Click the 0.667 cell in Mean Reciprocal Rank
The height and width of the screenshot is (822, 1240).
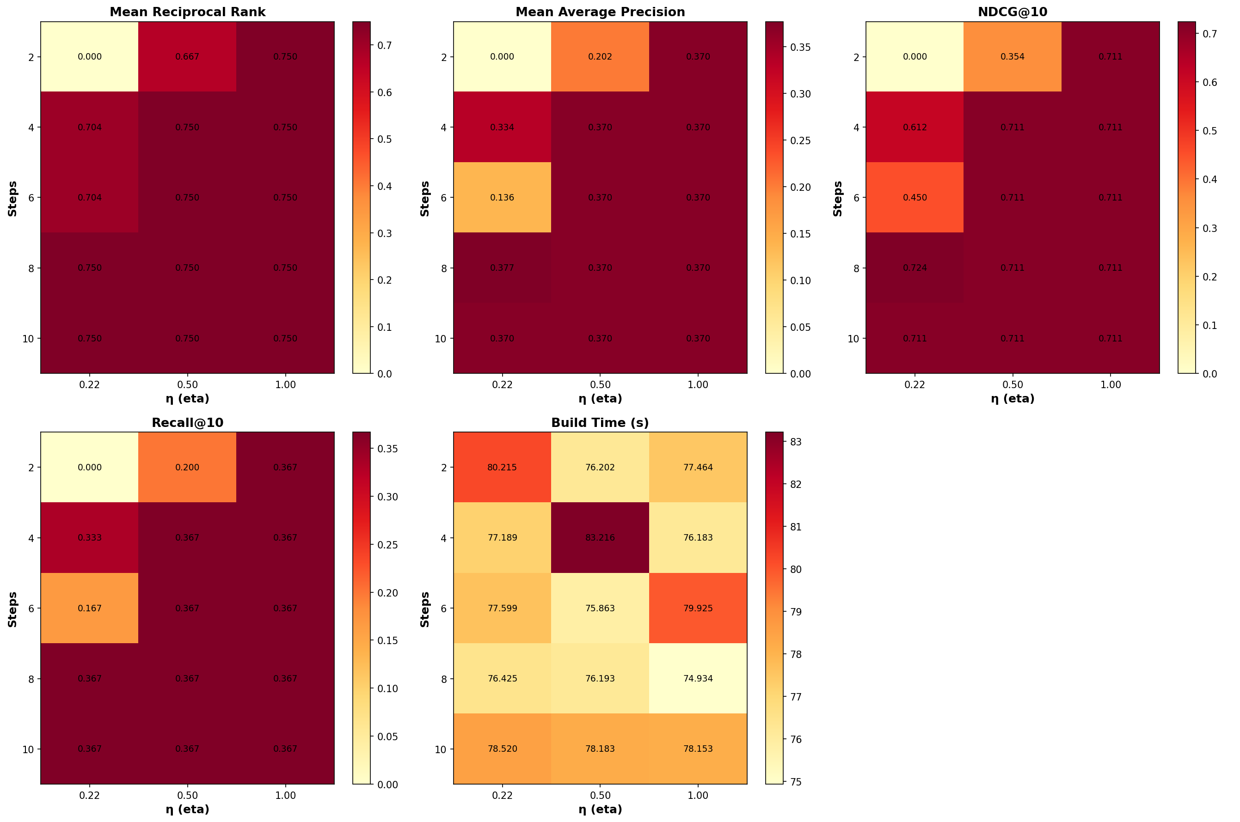[187, 57]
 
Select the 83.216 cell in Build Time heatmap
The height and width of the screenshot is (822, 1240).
[600, 538]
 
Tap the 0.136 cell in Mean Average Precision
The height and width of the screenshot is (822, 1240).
[502, 198]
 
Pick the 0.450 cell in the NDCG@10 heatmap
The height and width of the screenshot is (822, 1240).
[915, 198]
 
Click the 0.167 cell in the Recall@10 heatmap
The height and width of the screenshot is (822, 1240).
[90, 609]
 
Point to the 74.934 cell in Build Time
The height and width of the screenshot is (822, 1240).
[698, 678]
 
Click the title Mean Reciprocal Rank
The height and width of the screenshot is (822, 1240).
[187, 12]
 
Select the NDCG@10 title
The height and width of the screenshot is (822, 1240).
[1013, 12]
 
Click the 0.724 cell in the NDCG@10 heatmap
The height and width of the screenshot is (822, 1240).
[915, 268]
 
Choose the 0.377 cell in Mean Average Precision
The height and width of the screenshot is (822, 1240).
[502, 268]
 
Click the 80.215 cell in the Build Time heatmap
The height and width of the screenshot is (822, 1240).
[502, 468]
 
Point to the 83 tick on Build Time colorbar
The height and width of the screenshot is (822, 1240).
[795, 442]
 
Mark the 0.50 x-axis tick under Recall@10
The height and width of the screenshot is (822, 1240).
[187, 795]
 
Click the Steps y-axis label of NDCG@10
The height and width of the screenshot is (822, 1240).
[838, 198]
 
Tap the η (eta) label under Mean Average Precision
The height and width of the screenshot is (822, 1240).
[600, 398]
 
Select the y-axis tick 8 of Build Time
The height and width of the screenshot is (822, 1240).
[444, 679]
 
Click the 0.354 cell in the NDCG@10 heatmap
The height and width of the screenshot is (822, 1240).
[1013, 57]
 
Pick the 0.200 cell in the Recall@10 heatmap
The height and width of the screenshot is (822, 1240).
[187, 468]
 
